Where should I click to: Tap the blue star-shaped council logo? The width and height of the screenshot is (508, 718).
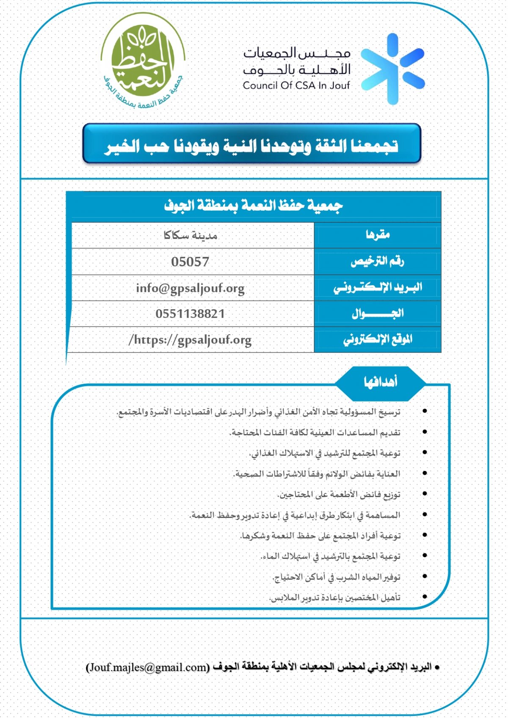click(x=393, y=69)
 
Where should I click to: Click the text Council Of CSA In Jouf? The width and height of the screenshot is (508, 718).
click(x=296, y=85)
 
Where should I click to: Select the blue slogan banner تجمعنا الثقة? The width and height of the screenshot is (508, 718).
click(x=251, y=144)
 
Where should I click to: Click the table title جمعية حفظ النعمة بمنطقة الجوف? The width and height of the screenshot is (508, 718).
click(x=253, y=206)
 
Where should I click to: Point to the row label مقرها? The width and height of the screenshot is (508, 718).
click(x=378, y=235)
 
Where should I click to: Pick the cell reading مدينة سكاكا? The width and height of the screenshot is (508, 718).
click(x=190, y=235)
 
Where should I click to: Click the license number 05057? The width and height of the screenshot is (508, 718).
click(x=190, y=261)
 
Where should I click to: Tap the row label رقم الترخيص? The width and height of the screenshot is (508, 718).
click(x=377, y=261)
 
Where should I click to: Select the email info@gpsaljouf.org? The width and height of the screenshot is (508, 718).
click(x=190, y=288)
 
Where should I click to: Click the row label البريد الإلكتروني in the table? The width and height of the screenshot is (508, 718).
click(x=378, y=288)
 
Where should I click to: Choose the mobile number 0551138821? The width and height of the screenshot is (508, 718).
click(x=190, y=314)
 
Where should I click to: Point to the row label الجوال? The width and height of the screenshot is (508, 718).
click(x=378, y=314)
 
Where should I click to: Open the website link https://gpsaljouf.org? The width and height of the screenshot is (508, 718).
click(x=190, y=340)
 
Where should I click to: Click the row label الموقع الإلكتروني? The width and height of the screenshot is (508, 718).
click(x=378, y=339)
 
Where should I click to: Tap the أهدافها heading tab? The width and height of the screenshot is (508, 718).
click(x=380, y=382)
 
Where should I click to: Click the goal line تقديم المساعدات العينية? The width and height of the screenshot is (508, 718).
click(x=315, y=432)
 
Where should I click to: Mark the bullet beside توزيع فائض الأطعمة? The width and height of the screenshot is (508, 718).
click(x=424, y=494)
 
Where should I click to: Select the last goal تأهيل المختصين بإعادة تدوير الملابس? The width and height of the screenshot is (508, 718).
click(x=335, y=597)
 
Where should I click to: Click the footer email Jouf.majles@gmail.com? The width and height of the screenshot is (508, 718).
click(x=147, y=667)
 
